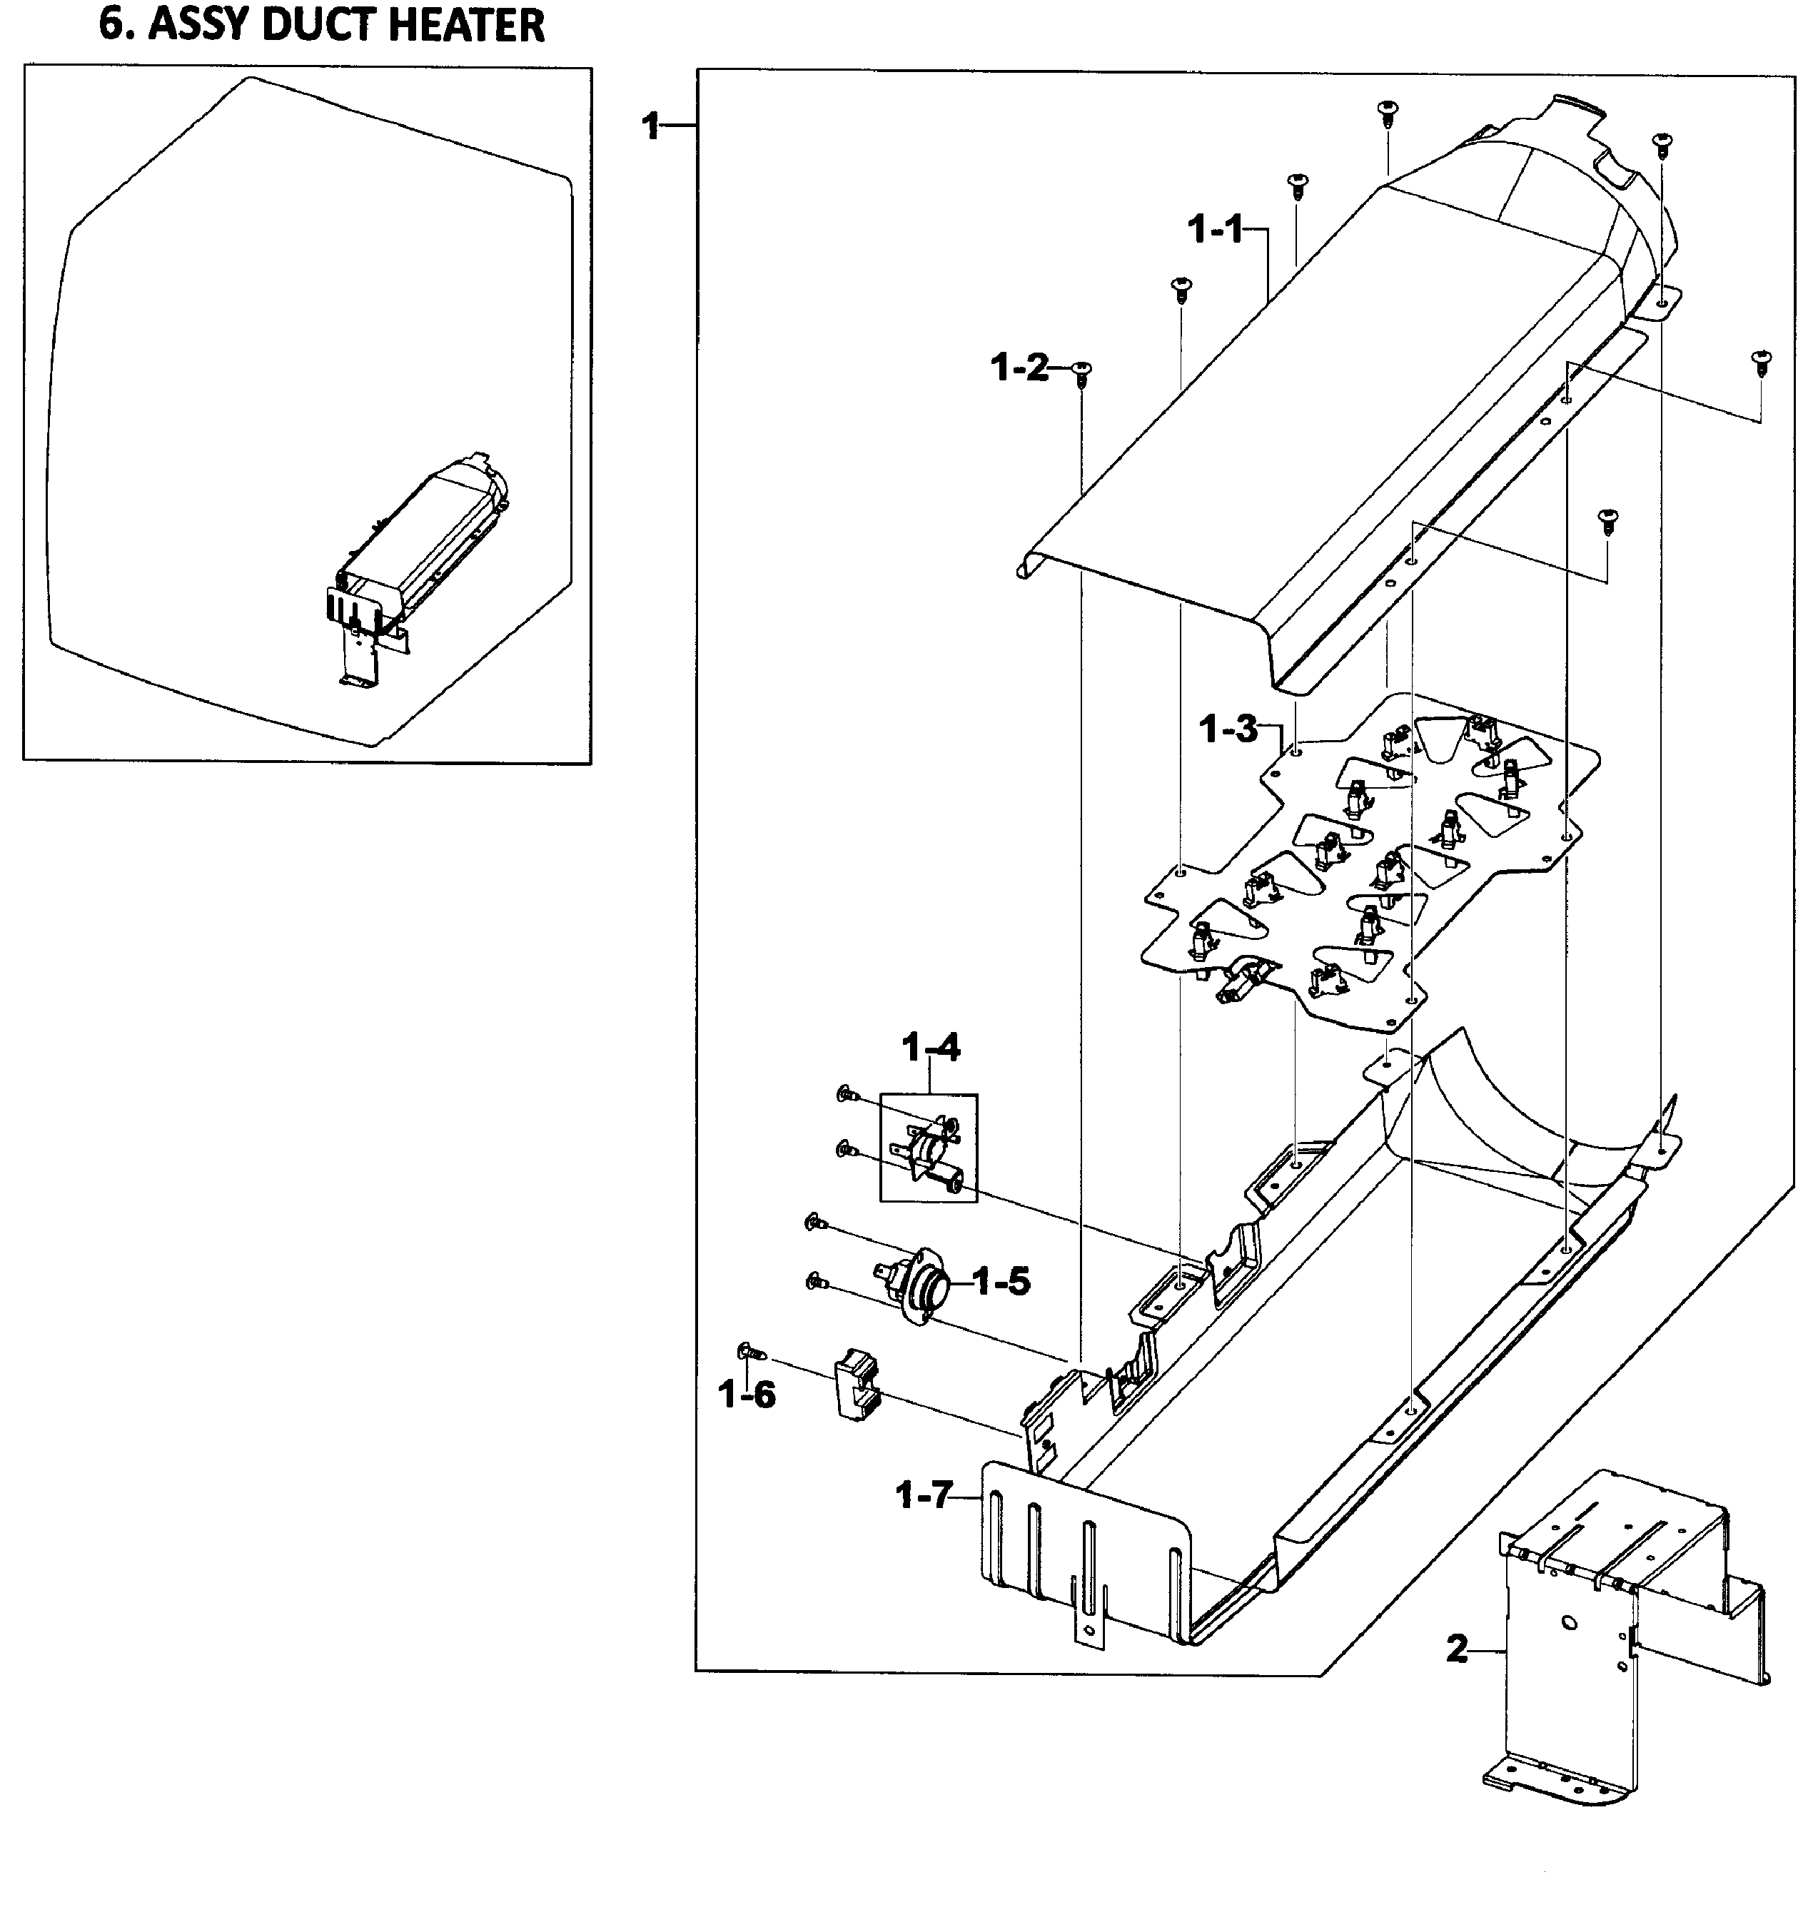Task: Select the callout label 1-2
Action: pyautogui.click(x=1019, y=368)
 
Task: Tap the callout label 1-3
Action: pyautogui.click(x=1228, y=729)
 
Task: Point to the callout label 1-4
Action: pyautogui.click(x=930, y=1048)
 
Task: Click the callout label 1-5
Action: pyautogui.click(x=1001, y=1282)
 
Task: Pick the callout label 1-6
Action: pyautogui.click(x=747, y=1395)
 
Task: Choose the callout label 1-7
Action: pyautogui.click(x=924, y=1494)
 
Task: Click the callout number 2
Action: pyautogui.click(x=1456, y=1649)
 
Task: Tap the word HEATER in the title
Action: pyautogui.click(x=468, y=25)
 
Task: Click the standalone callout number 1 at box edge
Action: pyautogui.click(x=652, y=126)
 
